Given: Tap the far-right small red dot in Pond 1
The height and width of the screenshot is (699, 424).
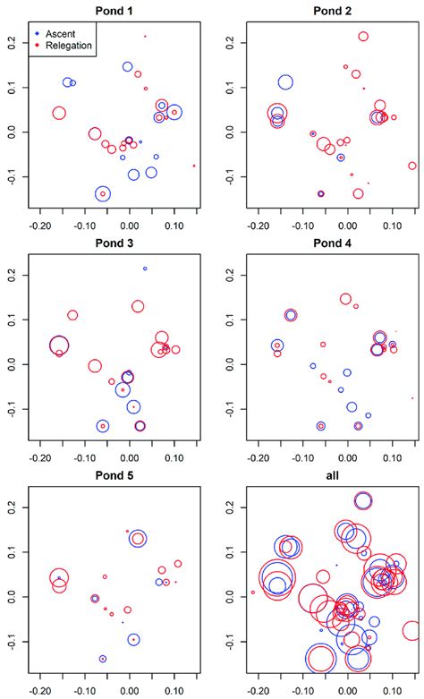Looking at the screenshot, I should coord(194,166).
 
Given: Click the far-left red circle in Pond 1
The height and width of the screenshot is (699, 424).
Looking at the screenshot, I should coord(59,114).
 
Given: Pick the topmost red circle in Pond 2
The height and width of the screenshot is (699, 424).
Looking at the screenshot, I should coord(363,37).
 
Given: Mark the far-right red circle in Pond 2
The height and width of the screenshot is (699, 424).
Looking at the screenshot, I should coord(412,166).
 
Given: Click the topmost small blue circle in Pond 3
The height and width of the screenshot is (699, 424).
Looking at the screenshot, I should coord(145,269).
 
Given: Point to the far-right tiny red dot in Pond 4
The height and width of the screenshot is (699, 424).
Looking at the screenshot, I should coord(412,398).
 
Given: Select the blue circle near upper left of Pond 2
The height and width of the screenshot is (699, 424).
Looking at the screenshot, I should coord(285,82).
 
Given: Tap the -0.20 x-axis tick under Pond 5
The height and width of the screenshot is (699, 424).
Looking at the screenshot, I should coord(40,691).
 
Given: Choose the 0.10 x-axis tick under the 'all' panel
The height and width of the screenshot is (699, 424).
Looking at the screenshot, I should coord(391,691).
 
